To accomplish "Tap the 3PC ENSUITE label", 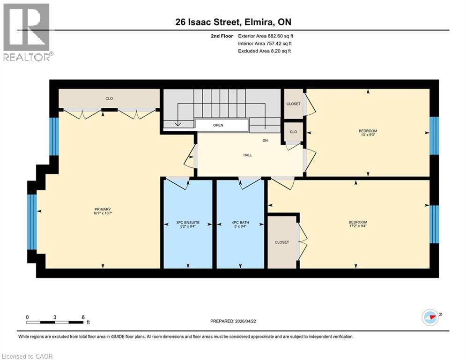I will [187, 222].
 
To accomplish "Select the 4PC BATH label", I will [240, 222].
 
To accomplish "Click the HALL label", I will [248, 155].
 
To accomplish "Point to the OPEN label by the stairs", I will [218, 125].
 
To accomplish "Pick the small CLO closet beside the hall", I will [294, 132].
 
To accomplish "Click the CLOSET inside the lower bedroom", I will [282, 242].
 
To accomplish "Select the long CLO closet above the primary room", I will [109, 98].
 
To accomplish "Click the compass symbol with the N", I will [430, 317].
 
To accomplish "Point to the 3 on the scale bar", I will [55, 317].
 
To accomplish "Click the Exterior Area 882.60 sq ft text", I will [266, 36].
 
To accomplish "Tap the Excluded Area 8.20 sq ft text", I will [265, 51].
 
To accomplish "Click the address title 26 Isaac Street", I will [233, 22].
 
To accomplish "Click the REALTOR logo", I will [26, 32].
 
